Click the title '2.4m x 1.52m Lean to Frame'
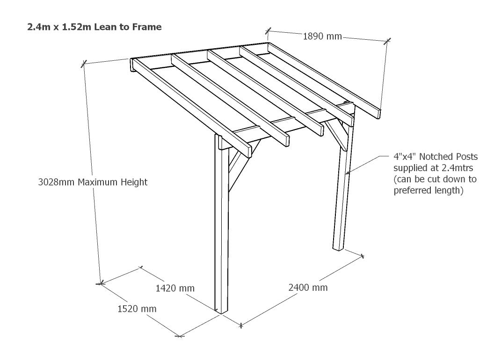[x=94, y=27]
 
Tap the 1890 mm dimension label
[x=322, y=36]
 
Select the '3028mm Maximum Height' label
[x=93, y=182]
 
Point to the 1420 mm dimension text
[x=174, y=288]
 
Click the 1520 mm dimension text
[x=137, y=309]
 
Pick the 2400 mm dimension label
[x=308, y=287]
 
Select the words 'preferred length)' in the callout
[x=429, y=190]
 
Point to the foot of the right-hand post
[x=339, y=248]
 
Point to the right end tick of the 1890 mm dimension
[x=386, y=41]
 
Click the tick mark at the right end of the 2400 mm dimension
[x=362, y=256]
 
